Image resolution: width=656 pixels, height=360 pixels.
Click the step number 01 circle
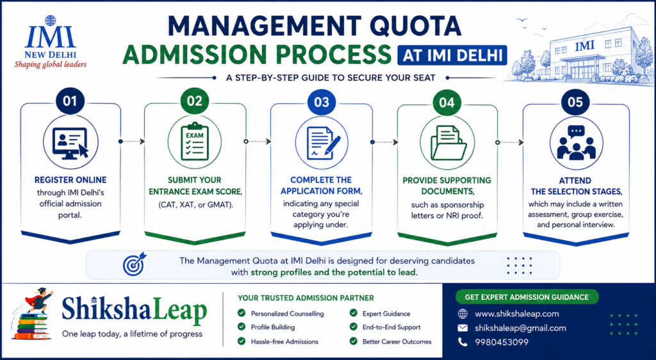pos(70,101)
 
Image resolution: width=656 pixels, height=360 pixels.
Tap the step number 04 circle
pos(447,101)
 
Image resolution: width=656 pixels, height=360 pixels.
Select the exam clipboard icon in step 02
pos(195,142)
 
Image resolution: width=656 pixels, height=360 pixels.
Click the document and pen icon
pos(321,143)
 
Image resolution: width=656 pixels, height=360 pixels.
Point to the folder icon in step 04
pos(448,143)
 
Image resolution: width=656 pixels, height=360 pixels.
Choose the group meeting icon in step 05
pos(576,143)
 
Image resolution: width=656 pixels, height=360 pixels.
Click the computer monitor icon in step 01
pos(70,142)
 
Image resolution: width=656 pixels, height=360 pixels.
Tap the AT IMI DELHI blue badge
pos(452,56)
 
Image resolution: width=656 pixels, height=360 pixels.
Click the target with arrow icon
pos(135,263)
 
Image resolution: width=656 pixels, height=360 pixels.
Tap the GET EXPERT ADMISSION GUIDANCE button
pos(527,297)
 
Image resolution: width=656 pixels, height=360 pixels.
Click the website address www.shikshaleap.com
pos(517,314)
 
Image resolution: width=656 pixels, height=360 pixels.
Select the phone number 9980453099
pos(502,342)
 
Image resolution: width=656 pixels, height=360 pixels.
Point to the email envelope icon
pos(463,328)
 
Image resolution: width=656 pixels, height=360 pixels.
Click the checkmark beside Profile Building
pos(242,327)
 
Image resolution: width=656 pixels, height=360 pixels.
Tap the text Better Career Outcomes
pos(397,341)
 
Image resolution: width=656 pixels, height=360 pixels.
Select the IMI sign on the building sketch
pos(584,46)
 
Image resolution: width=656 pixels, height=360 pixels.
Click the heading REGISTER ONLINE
pos(70,180)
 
